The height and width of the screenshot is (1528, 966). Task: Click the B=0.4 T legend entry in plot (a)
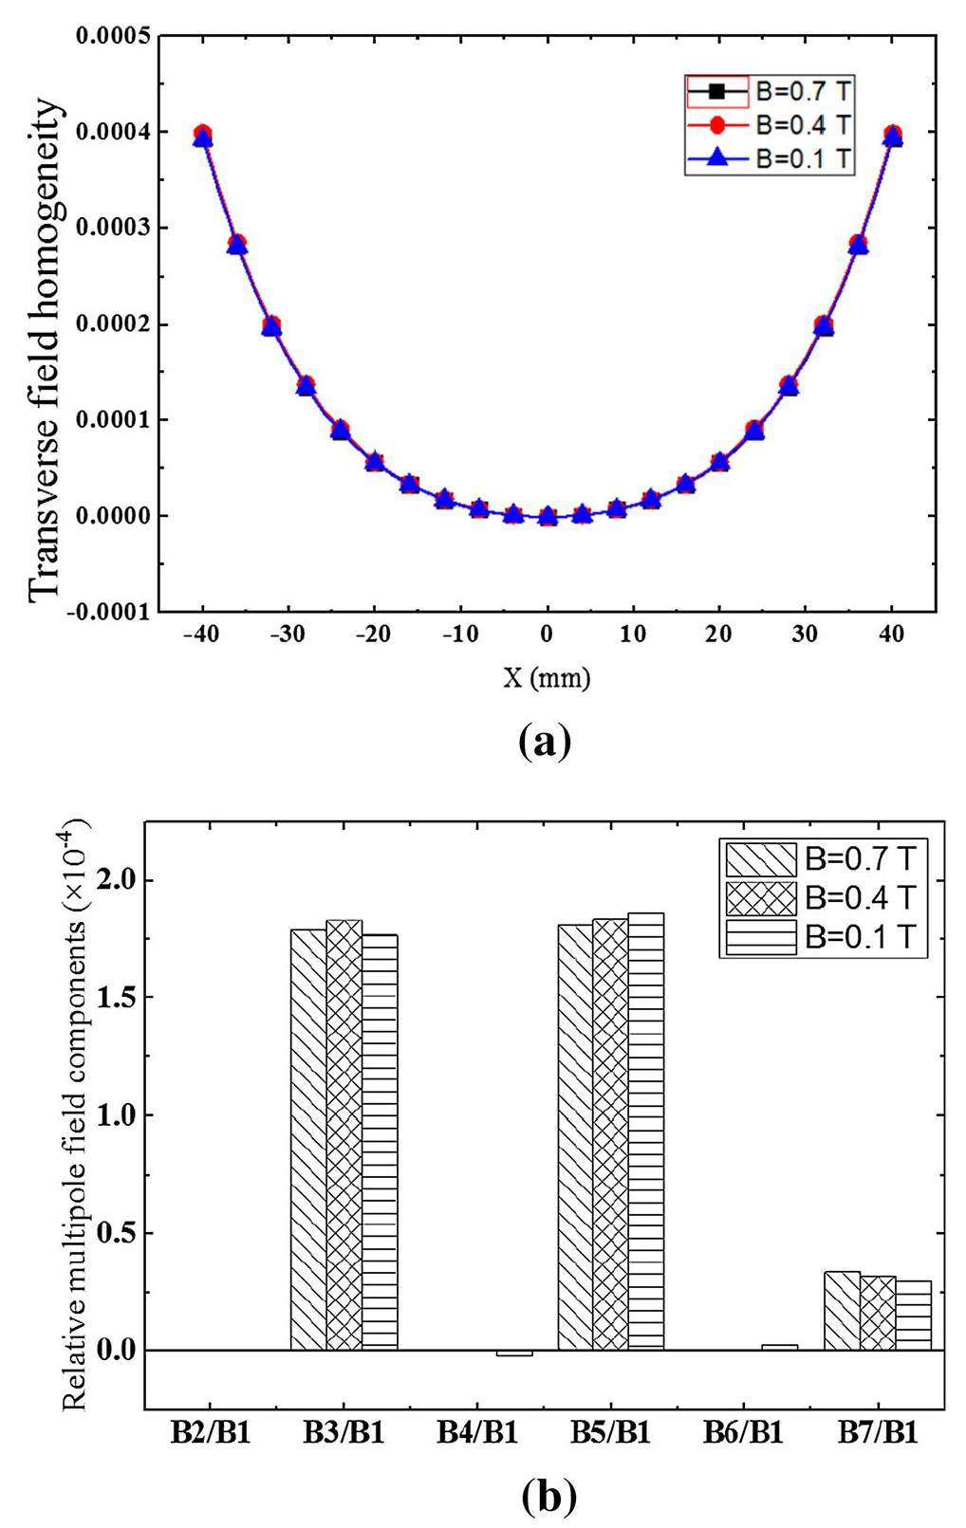(769, 125)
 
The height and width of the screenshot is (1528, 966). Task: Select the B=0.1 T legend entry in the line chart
(769, 158)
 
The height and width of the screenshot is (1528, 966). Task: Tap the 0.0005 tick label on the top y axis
(108, 37)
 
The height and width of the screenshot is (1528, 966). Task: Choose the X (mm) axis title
(547, 677)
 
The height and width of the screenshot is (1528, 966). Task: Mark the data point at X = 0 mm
(548, 517)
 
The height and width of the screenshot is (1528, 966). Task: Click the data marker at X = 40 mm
(892, 136)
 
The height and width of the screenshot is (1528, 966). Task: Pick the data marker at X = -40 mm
(202, 136)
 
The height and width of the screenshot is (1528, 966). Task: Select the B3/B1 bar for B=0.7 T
(308, 1138)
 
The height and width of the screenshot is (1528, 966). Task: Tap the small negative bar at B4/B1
(513, 1353)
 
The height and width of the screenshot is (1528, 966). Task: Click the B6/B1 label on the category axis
(743, 1432)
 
